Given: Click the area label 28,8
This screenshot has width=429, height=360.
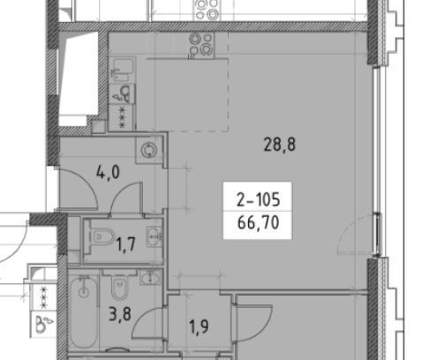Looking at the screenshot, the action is coord(280,145).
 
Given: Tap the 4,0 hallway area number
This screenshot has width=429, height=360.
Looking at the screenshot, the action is coord(108,172).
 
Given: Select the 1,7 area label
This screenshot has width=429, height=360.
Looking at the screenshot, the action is coord(126,244).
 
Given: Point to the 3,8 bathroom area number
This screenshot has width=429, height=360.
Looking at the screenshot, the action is coord(120,314).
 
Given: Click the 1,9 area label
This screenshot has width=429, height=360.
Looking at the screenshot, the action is coord(199,326).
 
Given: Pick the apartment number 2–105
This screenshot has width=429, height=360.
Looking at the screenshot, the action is coord(258,199).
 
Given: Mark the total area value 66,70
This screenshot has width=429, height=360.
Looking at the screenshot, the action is coord(258,222).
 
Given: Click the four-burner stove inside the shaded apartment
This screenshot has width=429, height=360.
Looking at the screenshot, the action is coord(201,45).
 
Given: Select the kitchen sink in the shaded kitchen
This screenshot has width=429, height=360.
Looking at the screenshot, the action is coord(123,70).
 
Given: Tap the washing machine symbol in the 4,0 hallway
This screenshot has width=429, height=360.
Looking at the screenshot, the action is coord(149,150).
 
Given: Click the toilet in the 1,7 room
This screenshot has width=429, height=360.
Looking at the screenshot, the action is coord(102,236).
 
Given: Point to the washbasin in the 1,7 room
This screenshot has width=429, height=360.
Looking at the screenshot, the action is coord(154,236).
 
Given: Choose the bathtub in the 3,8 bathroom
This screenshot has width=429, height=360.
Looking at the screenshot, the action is coord(84,311).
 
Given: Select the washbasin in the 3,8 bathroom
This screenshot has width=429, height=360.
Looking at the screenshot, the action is coord(151,278).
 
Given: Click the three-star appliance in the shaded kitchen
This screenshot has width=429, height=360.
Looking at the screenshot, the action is coord(122,117).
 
